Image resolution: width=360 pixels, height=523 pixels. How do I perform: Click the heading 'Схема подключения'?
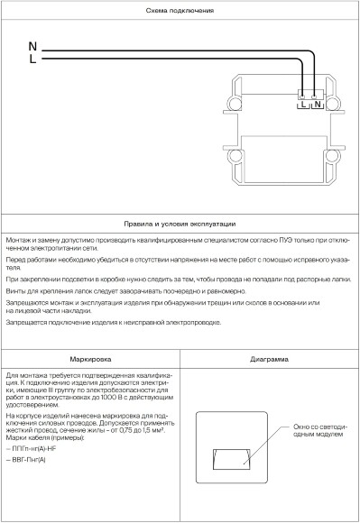point(180,10)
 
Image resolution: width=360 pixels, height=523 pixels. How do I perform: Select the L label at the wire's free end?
point(32,60)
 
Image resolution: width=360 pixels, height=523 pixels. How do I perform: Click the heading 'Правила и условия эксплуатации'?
point(180,223)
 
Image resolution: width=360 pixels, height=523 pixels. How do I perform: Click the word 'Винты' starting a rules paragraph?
point(14,291)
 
